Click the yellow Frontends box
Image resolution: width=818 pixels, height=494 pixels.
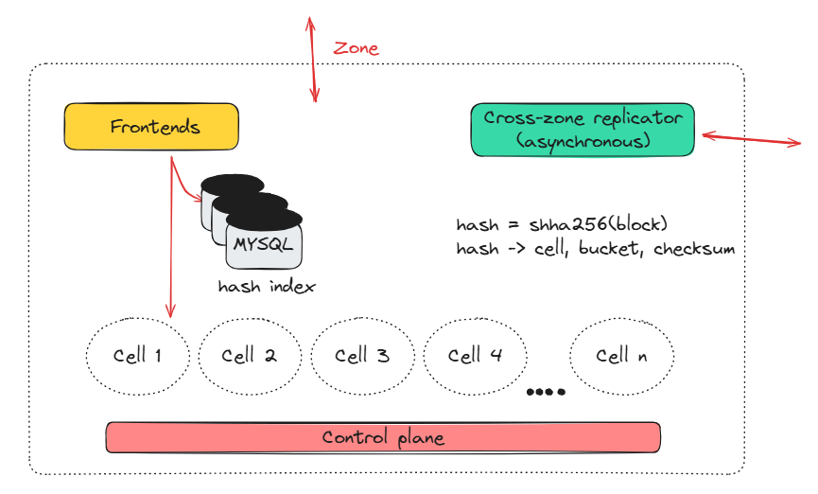[150, 127]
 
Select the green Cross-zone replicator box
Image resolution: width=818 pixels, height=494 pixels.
[582, 130]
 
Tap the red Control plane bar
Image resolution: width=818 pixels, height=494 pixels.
[382, 437]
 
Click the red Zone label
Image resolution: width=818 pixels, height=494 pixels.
[357, 48]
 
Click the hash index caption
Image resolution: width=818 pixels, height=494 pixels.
[266, 286]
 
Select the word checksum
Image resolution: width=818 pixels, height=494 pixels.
[694, 249]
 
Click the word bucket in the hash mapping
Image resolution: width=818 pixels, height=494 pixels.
[614, 249]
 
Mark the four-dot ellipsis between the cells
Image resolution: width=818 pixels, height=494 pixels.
[546, 392]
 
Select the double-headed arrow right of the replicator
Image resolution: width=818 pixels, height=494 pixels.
[751, 139]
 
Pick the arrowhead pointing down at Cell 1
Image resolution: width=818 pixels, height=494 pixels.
[171, 311]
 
